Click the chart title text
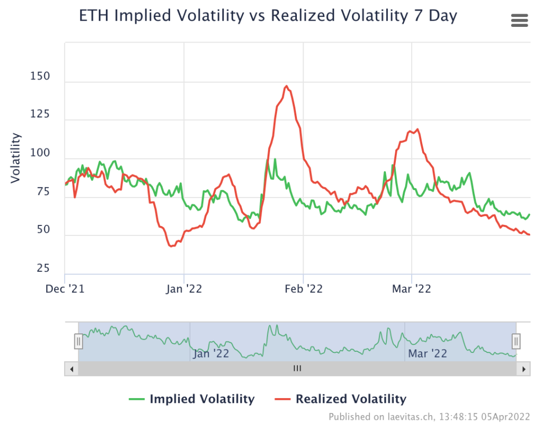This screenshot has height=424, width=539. point(268,16)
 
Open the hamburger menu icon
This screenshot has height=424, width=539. point(519,21)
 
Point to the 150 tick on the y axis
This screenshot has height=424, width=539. point(40,76)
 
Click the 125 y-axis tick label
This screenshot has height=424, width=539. point(40,115)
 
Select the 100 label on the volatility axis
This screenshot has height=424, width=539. point(40,153)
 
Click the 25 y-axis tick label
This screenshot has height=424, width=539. point(43,269)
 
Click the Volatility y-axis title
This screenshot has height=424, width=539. point(16,158)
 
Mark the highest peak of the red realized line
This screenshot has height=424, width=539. point(286,86)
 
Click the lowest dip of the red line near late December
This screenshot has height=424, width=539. point(171,246)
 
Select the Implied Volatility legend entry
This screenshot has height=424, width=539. point(192,399)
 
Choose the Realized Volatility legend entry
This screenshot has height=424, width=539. point(341,399)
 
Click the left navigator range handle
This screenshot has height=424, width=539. point(78,341)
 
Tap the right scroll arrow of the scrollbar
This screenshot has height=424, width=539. point(523,369)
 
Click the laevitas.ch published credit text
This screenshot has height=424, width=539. point(430,417)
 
